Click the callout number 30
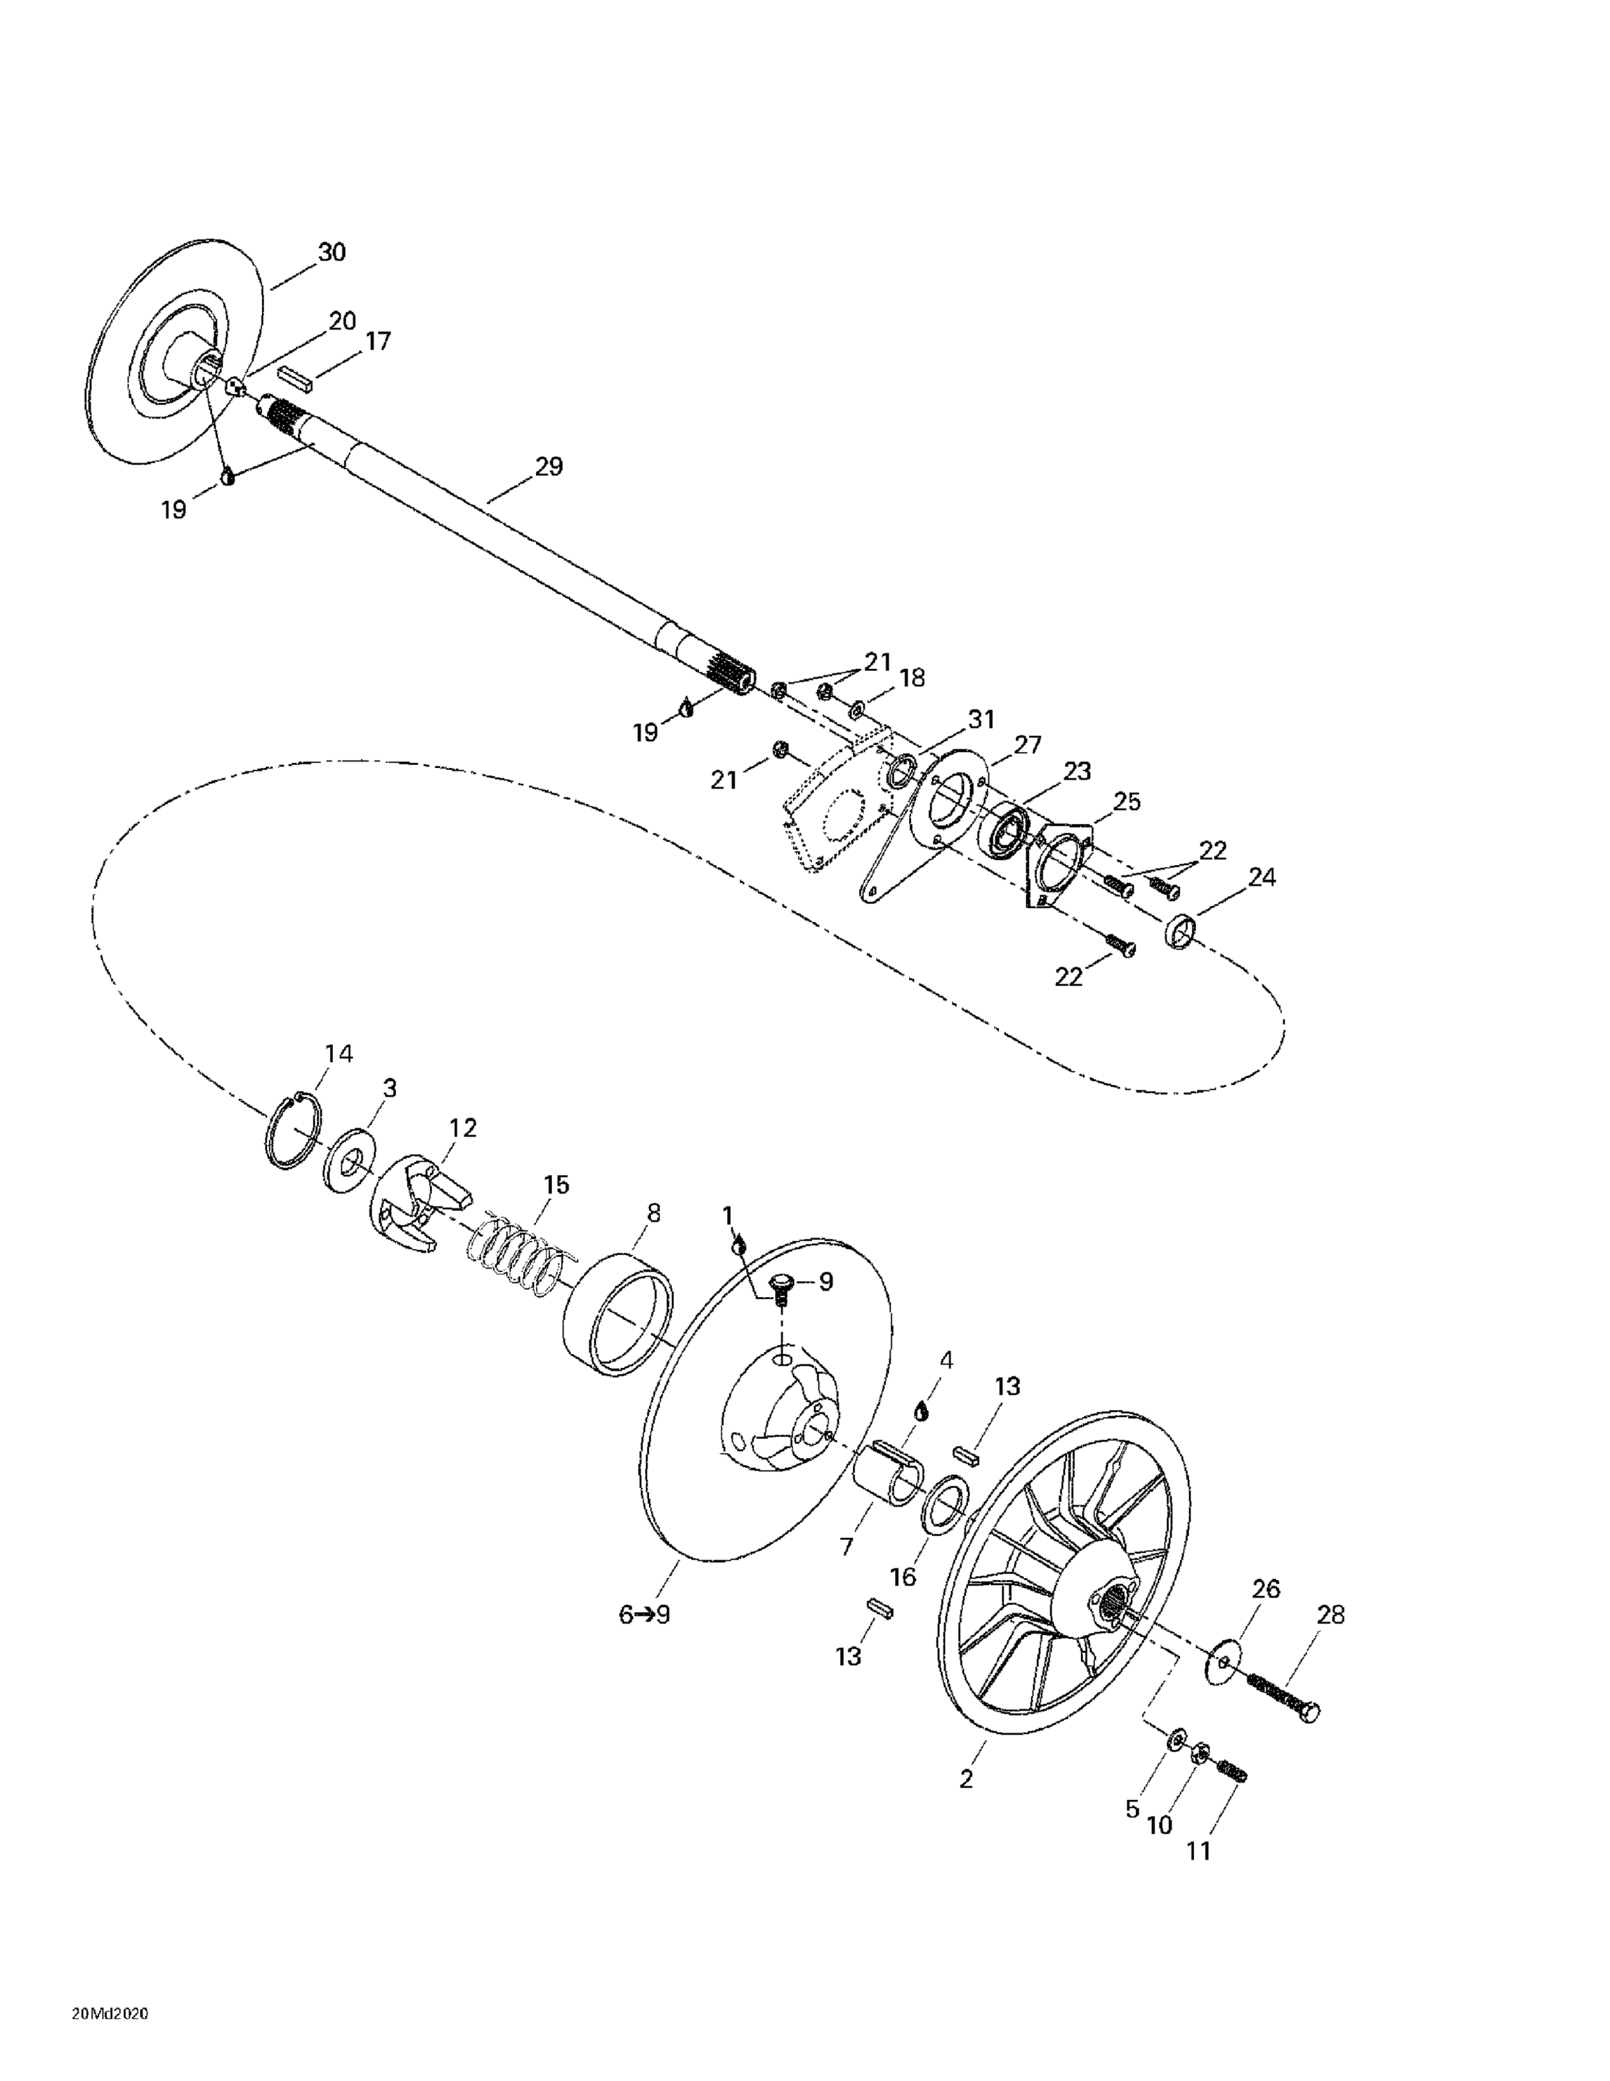click(x=331, y=252)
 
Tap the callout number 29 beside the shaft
click(x=548, y=467)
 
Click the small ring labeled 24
click(x=1180, y=930)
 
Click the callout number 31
click(x=980, y=719)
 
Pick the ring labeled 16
click(x=945, y=1507)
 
